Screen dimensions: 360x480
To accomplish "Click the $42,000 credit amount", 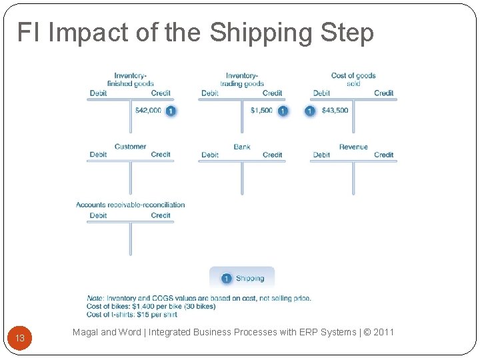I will tap(148, 111).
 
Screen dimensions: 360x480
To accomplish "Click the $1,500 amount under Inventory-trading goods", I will tap(261, 111).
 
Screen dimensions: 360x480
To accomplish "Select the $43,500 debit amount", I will tap(335, 111).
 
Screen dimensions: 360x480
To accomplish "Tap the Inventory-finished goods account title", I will tap(131, 80).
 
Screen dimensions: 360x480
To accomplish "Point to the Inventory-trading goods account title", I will tap(242, 80).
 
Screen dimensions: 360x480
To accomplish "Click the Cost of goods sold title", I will tap(353, 80).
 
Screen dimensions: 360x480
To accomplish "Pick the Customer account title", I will tap(130, 147).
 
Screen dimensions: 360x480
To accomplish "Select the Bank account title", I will tap(242, 147).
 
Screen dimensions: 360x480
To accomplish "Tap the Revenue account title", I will tap(353, 147).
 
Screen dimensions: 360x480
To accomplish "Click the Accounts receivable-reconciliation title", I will tap(130, 205).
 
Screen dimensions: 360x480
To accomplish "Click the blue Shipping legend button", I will tap(242, 278).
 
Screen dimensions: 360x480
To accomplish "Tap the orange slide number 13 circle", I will tap(20, 338).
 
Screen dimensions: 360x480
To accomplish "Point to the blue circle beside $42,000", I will tap(171, 111).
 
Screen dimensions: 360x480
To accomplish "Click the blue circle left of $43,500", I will tap(310, 111).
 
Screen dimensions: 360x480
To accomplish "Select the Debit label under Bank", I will tap(210, 155).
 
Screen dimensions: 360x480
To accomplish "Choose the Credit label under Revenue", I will tap(383, 155).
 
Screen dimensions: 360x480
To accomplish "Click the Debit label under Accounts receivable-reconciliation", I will tap(98, 215).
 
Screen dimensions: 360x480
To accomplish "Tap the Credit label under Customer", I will tap(161, 155).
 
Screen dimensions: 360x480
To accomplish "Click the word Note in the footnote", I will tap(95, 298).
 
